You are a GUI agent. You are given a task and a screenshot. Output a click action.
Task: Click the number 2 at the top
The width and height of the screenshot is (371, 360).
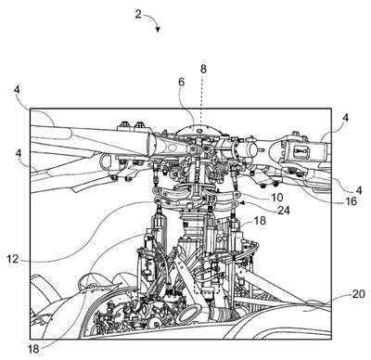tap(138, 14)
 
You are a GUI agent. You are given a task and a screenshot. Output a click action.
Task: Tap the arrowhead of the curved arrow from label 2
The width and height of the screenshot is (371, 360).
tap(158, 30)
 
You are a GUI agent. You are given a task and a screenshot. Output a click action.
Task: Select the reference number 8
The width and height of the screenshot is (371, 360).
tap(203, 70)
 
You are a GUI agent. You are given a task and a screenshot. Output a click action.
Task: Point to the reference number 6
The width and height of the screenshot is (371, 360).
tap(182, 83)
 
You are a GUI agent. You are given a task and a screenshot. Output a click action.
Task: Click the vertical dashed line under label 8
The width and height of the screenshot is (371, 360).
tap(200, 102)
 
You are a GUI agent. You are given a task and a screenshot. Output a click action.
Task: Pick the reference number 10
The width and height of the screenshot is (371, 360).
tap(277, 197)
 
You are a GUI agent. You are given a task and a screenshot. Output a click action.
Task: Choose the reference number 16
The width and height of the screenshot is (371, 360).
tap(351, 201)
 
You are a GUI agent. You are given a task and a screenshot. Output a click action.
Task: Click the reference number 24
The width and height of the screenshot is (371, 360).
tap(284, 211)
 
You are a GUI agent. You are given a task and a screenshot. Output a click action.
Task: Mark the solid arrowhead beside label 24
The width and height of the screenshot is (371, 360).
tap(242, 203)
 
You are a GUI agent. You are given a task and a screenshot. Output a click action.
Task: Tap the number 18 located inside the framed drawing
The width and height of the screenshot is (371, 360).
tap(260, 221)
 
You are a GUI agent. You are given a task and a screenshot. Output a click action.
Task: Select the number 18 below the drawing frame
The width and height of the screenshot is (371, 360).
tap(33, 349)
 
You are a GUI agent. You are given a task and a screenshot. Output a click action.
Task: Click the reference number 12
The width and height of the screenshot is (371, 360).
tap(13, 259)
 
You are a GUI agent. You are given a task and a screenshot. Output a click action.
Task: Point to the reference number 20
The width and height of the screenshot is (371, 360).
tap(359, 293)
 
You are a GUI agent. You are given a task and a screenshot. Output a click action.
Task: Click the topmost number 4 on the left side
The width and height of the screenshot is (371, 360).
tap(17, 90)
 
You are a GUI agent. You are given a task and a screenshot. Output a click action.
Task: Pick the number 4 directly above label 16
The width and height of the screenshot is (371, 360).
tap(359, 189)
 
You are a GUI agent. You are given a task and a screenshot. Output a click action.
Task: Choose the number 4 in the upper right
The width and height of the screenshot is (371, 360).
tap(346, 118)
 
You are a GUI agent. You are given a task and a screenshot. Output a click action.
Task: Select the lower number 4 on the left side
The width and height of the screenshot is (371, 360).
tap(20, 152)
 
